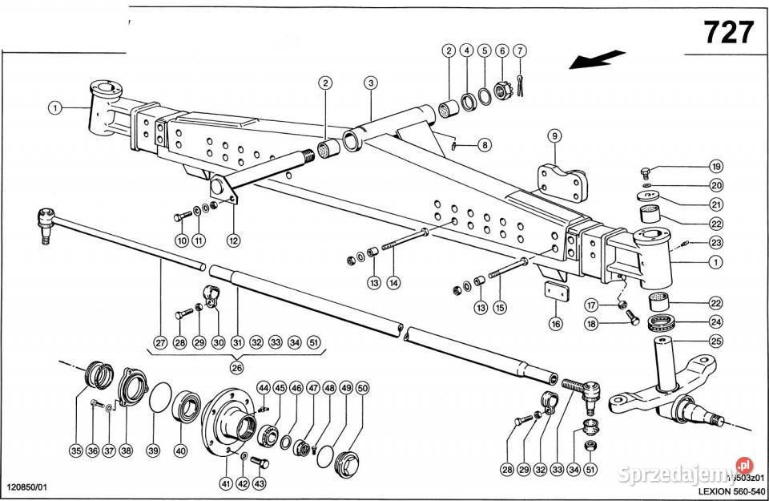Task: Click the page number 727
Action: [728, 32]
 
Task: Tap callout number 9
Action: [554, 135]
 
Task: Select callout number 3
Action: [370, 83]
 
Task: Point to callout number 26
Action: [236, 367]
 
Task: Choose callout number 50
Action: [363, 388]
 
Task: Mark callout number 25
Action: [716, 342]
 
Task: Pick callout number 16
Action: [555, 324]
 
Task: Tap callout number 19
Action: [716, 167]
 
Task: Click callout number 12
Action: [234, 239]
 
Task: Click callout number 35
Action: [75, 450]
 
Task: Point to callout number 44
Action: [263, 388]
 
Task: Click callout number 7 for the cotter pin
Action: [521, 51]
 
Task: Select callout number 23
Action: [716, 243]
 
